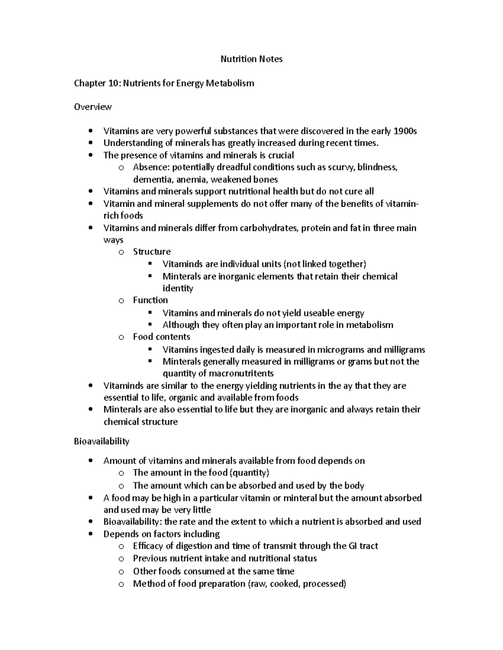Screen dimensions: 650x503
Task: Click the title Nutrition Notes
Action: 251,59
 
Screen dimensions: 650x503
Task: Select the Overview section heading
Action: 93,107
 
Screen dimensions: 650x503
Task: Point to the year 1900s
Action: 405,131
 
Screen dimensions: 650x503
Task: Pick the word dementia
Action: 148,180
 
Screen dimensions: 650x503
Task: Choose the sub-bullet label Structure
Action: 152,252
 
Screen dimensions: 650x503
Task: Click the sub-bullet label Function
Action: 150,300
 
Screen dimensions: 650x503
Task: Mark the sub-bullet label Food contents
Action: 161,337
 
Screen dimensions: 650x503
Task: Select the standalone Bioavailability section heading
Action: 101,441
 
